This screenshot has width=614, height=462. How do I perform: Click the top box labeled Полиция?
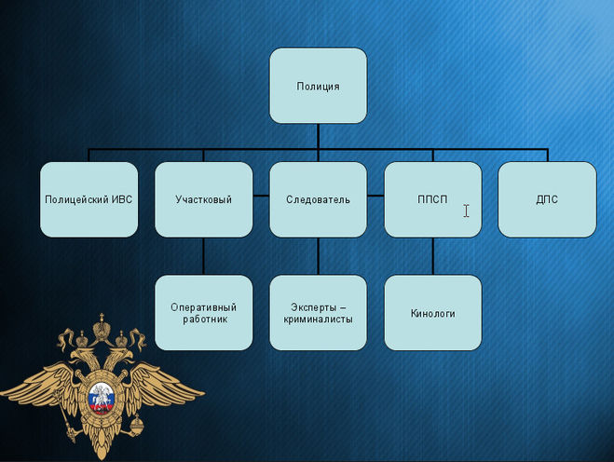[318, 86]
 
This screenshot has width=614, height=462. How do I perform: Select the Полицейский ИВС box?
[89, 199]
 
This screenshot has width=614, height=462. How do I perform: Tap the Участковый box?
[203, 199]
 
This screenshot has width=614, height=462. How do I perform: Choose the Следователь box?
[318, 199]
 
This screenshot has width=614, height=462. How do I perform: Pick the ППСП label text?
[432, 199]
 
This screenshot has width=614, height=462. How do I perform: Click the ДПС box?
[547, 199]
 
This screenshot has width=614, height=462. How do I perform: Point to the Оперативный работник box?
[203, 313]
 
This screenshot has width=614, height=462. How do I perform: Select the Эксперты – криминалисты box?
[318, 313]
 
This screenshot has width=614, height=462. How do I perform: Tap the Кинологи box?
[432, 313]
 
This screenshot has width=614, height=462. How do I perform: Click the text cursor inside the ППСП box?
[466, 211]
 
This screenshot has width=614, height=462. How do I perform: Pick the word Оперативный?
[203, 306]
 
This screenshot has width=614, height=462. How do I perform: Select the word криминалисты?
[318, 319]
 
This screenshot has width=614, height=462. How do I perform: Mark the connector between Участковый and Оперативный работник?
[203, 255]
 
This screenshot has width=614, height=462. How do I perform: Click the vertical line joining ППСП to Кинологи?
[432, 255]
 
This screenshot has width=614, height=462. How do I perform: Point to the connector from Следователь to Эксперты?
[318, 255]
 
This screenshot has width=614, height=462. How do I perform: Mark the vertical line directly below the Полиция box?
[318, 135]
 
